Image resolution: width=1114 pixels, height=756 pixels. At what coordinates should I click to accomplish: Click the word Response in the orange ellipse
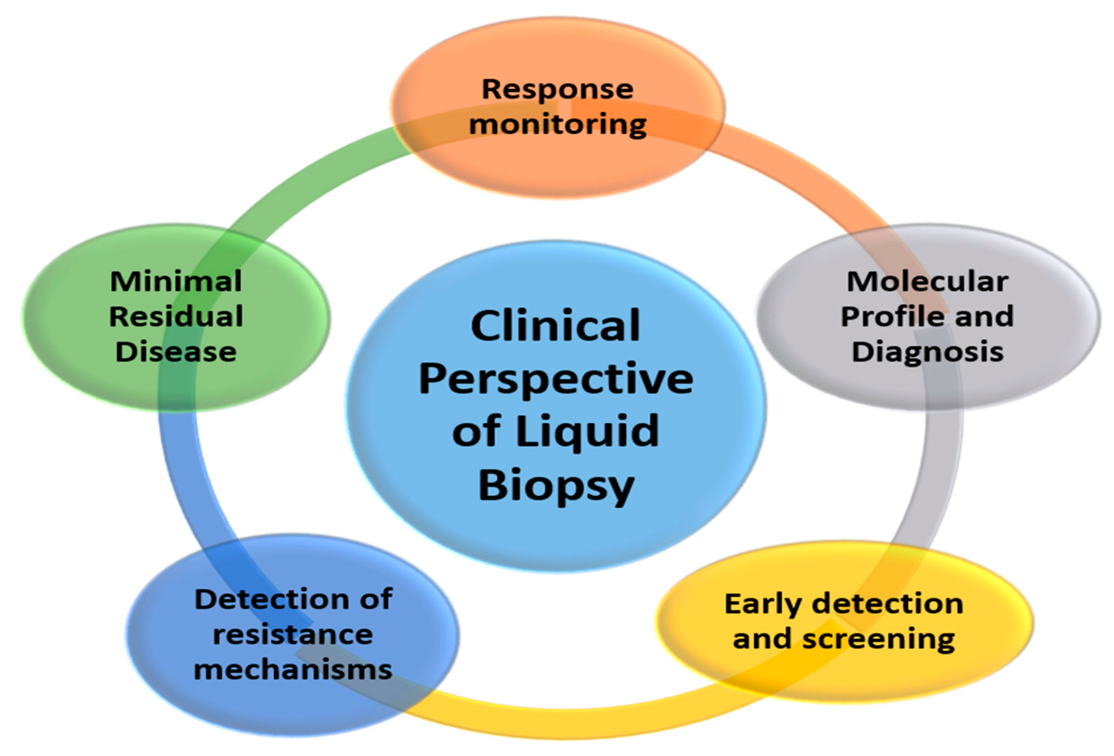[x=557, y=89]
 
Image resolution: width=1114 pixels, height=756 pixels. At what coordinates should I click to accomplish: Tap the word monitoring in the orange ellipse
[x=557, y=124]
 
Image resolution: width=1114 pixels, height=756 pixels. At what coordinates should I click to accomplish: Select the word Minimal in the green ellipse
[x=176, y=281]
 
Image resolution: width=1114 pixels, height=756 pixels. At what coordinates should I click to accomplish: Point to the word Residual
[x=176, y=317]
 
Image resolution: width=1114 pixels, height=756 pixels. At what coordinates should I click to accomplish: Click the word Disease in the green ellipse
[x=176, y=352]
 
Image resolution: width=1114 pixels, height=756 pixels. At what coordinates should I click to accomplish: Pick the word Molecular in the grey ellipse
[x=927, y=281]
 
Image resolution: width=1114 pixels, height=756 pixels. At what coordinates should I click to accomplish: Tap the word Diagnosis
[x=927, y=352]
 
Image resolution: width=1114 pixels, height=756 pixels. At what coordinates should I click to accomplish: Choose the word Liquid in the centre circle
[x=587, y=432]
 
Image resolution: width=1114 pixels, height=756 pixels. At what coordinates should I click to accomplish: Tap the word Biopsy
[x=556, y=485]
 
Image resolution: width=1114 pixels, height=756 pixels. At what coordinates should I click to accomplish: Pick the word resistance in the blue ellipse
[x=292, y=635]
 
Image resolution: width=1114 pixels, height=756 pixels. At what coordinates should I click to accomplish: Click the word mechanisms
[x=293, y=669]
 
